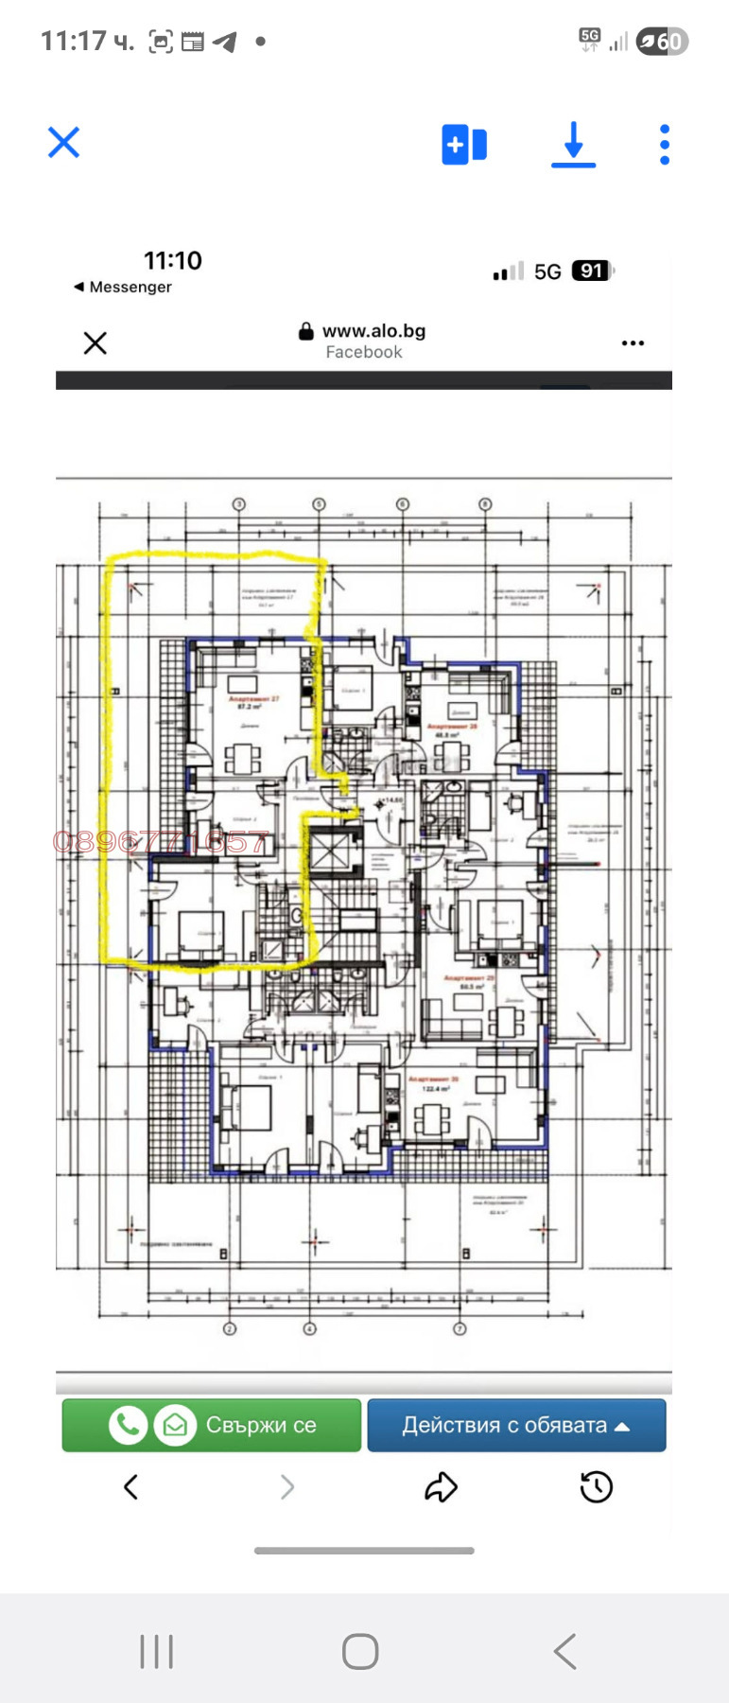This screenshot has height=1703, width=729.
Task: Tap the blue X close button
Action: [x=64, y=144]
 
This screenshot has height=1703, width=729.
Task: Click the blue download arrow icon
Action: [x=573, y=145]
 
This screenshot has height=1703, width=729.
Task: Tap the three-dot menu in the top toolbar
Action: [x=665, y=145]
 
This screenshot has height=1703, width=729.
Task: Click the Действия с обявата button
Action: [x=516, y=1425]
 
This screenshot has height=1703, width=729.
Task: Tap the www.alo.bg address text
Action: [x=373, y=331]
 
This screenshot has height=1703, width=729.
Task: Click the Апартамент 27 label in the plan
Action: [x=252, y=700]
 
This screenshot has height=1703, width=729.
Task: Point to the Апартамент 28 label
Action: [x=453, y=728]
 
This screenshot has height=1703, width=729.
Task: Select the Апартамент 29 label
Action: [x=470, y=978]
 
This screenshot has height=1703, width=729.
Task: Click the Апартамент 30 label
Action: [x=433, y=1079]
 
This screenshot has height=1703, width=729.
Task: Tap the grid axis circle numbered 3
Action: [x=239, y=504]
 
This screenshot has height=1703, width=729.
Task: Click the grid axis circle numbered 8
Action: [x=485, y=504]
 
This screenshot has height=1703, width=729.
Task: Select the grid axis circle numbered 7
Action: [x=460, y=1328]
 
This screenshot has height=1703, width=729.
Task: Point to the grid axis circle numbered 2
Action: [x=229, y=1328]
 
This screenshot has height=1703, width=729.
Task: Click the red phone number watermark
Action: [x=161, y=841]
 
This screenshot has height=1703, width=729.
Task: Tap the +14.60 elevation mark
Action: [x=391, y=800]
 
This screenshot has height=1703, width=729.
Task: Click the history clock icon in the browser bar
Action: [x=596, y=1487]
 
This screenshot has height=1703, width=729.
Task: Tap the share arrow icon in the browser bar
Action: [x=441, y=1487]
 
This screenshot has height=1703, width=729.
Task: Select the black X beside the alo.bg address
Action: [x=95, y=342]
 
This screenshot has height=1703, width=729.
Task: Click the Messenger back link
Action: [x=124, y=287]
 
